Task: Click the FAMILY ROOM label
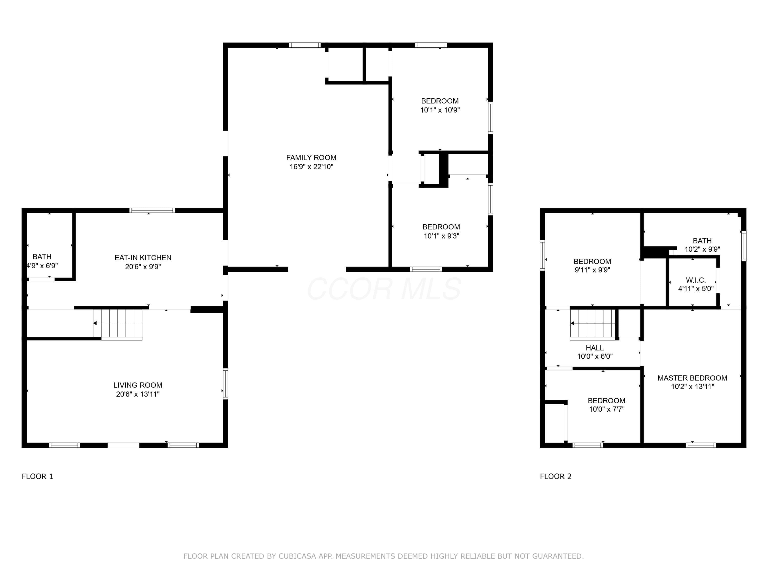(311, 158)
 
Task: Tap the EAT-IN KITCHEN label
(143, 258)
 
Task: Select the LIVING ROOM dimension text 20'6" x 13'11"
(138, 394)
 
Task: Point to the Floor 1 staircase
(118, 323)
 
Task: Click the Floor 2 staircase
(593, 323)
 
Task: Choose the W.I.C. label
(696, 280)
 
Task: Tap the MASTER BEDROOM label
(692, 378)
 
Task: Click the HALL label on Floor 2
(594, 348)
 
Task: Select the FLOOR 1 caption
(37, 476)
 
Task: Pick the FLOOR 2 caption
(556, 476)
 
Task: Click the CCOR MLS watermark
(384, 289)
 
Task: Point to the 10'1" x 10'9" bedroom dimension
(440, 110)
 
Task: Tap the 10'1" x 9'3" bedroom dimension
(441, 236)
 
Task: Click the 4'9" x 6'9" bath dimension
(42, 266)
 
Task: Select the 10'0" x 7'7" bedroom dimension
(606, 409)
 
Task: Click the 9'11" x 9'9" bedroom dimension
(592, 270)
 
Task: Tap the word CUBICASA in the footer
(297, 556)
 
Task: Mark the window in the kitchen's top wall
(152, 210)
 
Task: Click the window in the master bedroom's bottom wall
(701, 445)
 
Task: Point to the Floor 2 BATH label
(702, 241)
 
